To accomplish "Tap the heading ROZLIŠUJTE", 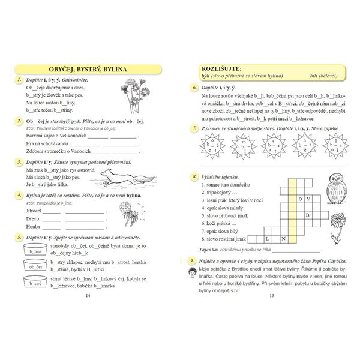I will coord(221,69).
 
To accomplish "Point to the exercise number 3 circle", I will coord(20,162).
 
